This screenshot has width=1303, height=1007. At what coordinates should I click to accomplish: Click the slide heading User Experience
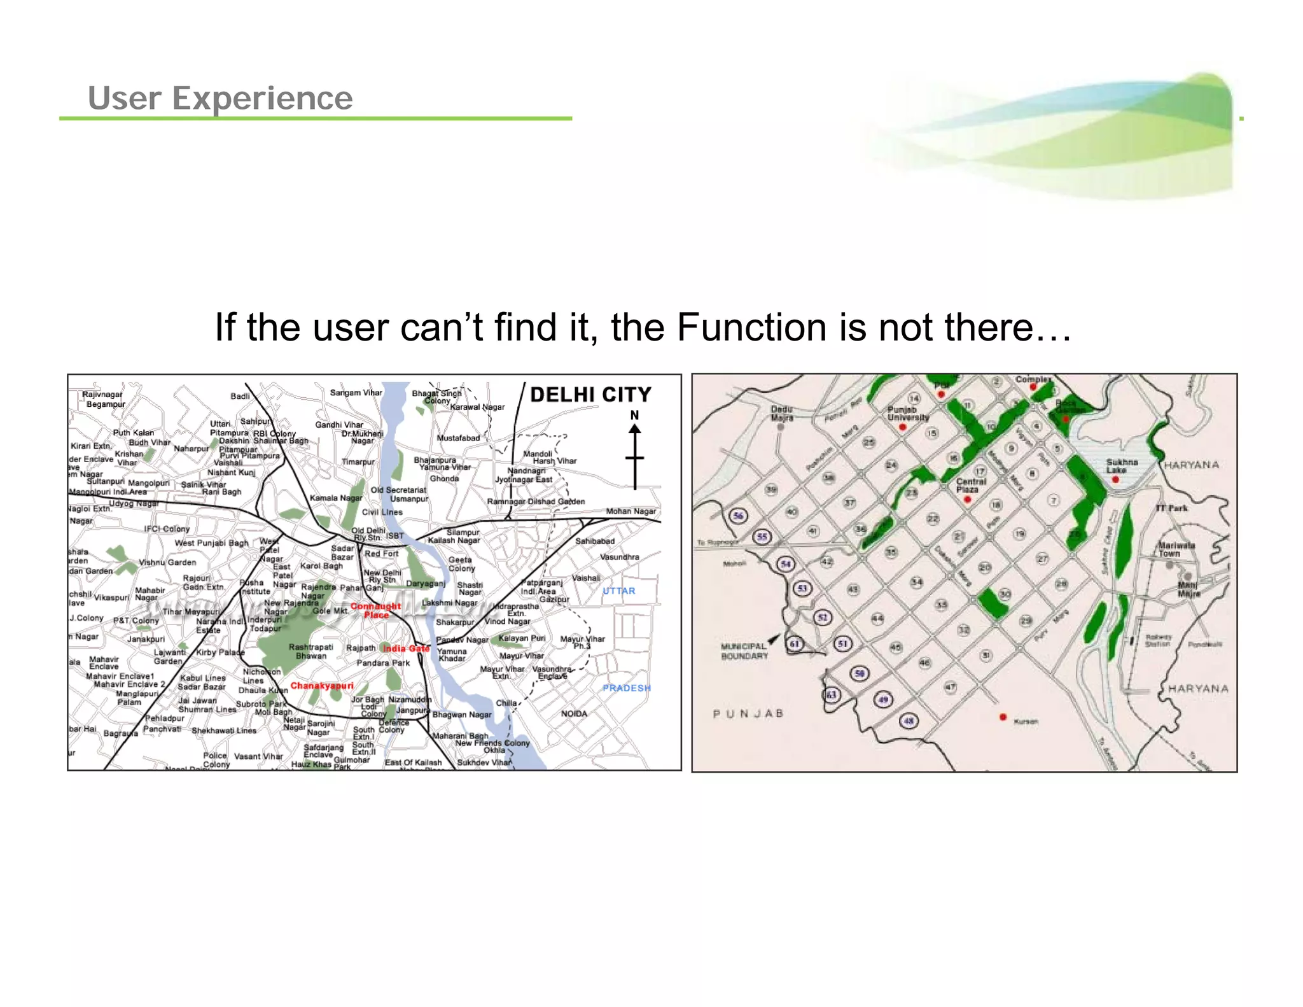pos(220,99)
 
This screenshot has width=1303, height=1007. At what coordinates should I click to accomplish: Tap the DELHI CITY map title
pos(590,395)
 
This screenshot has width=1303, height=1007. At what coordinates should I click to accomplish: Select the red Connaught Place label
pos(375,610)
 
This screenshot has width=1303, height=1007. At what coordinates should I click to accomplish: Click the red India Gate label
pos(406,649)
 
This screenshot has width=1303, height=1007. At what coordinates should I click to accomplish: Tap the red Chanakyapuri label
pos(322,686)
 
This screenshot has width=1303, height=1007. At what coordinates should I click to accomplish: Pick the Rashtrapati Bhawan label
pos(310,651)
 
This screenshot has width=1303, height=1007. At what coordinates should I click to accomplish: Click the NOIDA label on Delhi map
pos(574,714)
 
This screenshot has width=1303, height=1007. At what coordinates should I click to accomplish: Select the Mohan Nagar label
pos(631,511)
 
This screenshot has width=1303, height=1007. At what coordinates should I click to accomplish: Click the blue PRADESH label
pos(627,688)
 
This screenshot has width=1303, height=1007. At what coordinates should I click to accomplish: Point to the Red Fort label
pos(381,554)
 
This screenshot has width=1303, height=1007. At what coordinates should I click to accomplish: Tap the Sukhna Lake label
pos(1122,466)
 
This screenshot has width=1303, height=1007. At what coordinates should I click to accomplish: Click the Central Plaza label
pos(970,486)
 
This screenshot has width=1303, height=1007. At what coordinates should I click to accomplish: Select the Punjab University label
pos(908,414)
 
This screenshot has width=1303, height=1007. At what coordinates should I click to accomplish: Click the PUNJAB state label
pos(748,714)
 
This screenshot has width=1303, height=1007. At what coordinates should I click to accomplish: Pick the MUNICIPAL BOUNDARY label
pos(744,651)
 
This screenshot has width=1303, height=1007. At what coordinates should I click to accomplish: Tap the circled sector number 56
pos(738,516)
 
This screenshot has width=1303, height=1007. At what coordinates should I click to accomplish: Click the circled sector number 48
pos(909,721)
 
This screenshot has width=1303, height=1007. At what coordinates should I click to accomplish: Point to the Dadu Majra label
pos(782,414)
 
